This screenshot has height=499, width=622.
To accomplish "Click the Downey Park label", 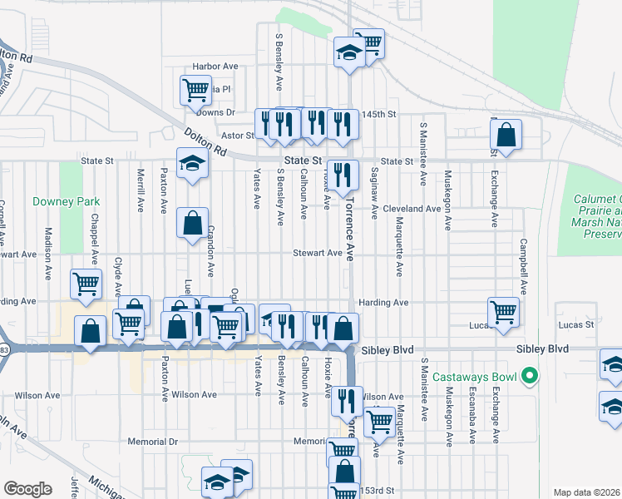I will coord(66,202).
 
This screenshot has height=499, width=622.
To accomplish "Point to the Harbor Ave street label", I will coord(215,67).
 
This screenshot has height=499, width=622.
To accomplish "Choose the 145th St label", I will coord(382,114).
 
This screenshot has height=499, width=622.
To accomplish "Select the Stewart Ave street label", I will coord(317,253).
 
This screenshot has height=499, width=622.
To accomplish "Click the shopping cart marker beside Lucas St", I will coord(503,313).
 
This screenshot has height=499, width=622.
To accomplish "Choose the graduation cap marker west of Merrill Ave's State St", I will coord(192,163).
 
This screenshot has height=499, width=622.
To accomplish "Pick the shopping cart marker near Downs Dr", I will coord(195,89).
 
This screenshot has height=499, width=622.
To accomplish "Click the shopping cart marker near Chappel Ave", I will coord(86,284).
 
